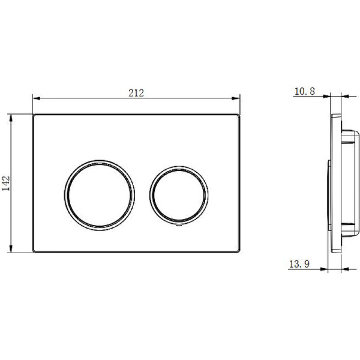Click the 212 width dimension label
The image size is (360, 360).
[x=136, y=93]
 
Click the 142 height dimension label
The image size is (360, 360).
[x=6, y=183]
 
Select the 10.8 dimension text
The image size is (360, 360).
[x=305, y=91]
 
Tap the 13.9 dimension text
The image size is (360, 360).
[x=299, y=264]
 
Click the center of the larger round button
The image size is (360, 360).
[x=100, y=195]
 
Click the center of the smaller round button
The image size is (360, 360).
[x=179, y=195]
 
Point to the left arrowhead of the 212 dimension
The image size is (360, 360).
[x=37, y=98]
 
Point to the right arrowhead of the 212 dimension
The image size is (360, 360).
[x=236, y=98]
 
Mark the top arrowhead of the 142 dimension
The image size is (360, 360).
[x=11, y=118]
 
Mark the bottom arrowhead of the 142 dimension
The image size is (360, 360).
[x=11, y=248]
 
